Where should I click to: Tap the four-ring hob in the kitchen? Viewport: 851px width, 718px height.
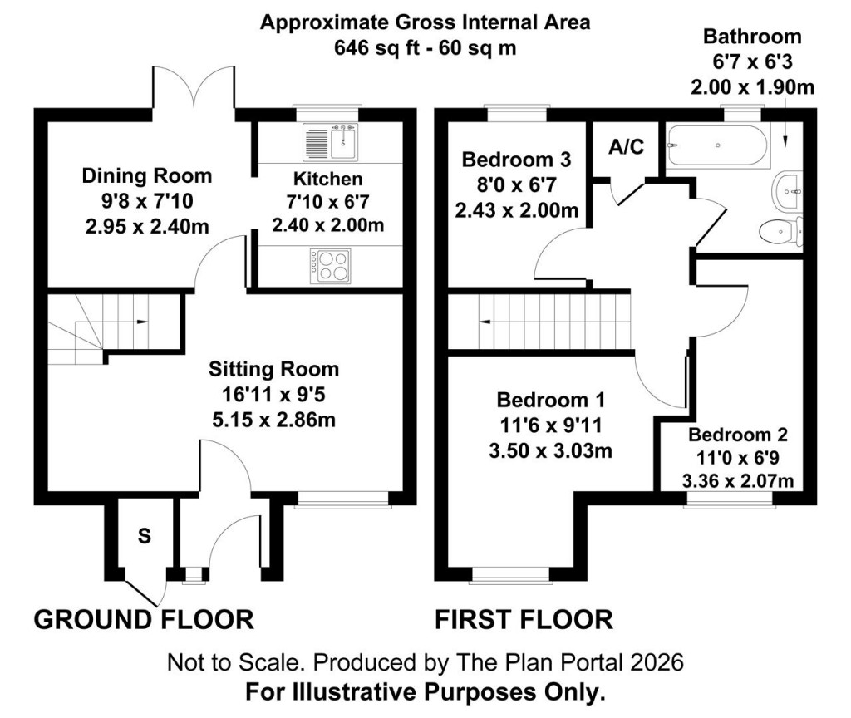pos(330,266)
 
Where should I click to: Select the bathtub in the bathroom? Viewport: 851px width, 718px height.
pos(716,145)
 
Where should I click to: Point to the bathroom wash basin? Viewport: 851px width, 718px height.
pos(788,190)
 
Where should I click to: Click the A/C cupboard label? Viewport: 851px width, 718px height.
pos(626,147)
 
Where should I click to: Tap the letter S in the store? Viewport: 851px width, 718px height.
pos(144,536)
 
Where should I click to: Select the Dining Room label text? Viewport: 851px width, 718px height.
pos(146,176)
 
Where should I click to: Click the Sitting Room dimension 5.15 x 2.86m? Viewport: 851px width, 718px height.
pos(273,420)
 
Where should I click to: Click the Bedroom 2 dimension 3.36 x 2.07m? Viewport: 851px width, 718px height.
pos(737,480)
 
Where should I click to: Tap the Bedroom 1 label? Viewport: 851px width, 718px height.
pos(550,401)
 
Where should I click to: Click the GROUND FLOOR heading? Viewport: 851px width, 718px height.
pos(143,620)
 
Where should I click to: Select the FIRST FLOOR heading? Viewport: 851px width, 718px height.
pos(524,620)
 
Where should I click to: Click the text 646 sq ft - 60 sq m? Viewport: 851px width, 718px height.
pos(425,47)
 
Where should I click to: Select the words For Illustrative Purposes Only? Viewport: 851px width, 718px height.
pos(425,691)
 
